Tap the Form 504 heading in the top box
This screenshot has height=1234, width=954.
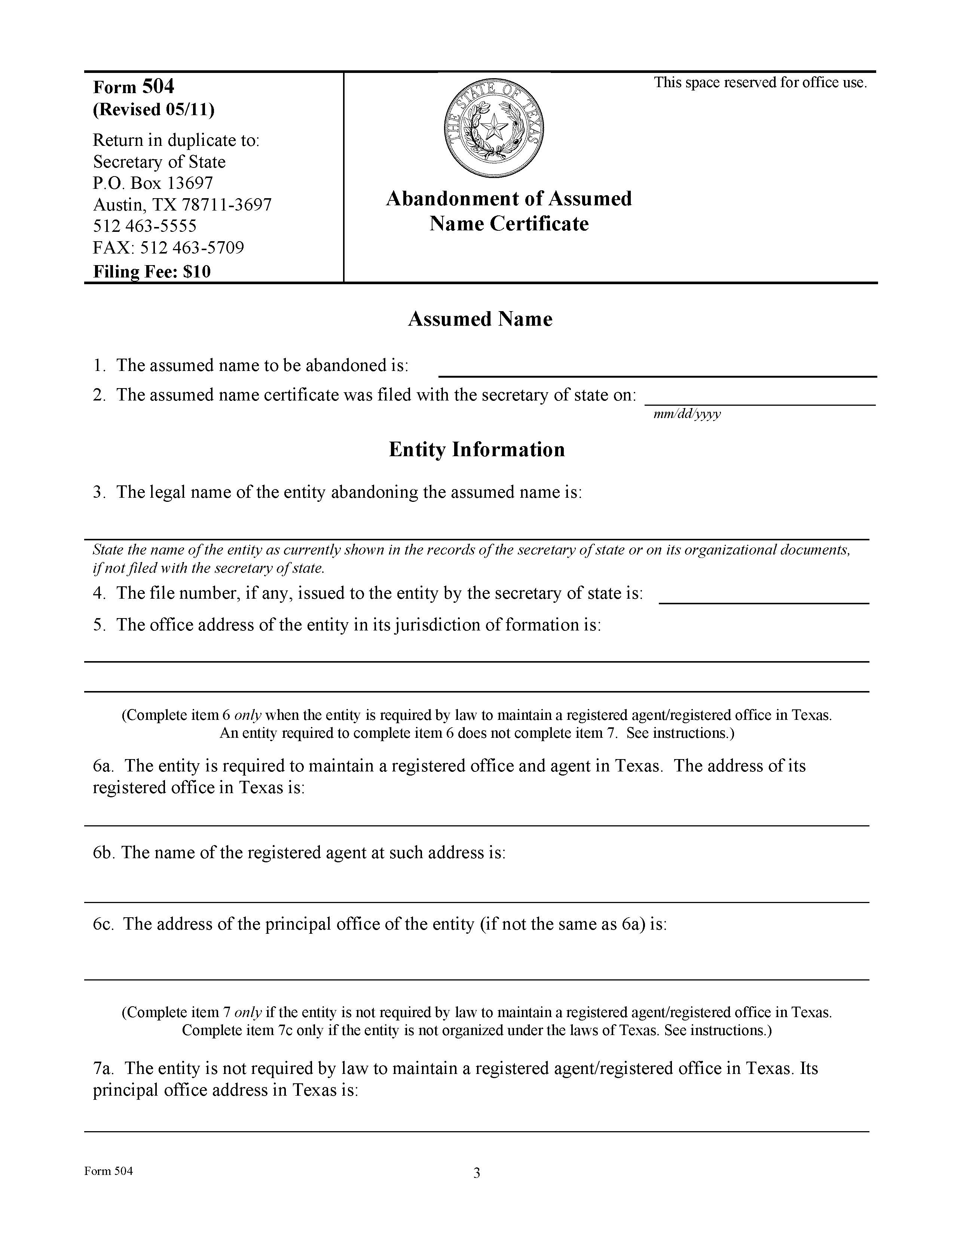coord(134,87)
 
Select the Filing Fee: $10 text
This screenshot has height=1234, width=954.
coord(152,272)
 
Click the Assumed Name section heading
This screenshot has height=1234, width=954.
coord(480,319)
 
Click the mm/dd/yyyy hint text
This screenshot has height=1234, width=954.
coord(687,414)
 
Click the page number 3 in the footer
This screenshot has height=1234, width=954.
coord(476,1173)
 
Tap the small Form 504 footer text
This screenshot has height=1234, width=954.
coord(108,1171)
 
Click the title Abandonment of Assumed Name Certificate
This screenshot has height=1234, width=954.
coord(509,211)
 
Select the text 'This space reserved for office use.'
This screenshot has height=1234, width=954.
coord(760,83)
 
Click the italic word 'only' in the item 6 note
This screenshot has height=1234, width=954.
coord(248,715)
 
